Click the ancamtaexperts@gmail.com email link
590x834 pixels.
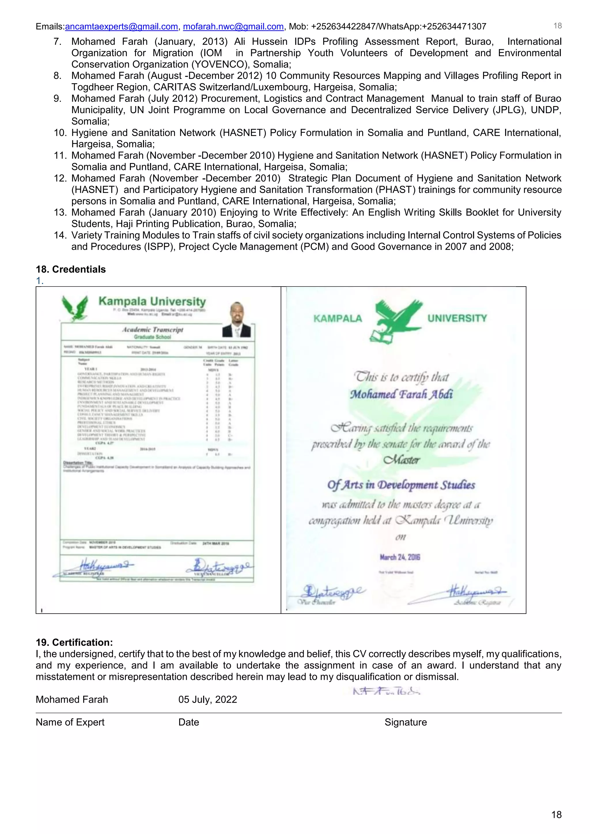121,26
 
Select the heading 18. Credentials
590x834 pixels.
71,269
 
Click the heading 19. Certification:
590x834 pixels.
75,642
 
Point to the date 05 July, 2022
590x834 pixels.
207,699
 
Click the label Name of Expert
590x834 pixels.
70,722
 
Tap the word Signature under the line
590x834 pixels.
405,722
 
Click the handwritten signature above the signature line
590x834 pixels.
386,691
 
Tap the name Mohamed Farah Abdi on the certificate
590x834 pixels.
401,394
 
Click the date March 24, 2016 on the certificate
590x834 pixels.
400,557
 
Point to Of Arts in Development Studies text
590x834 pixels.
401,485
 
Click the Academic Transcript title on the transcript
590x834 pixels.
153,329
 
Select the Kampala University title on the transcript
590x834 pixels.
152,301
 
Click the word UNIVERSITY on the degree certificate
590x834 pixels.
457,318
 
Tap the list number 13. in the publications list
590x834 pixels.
60,212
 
